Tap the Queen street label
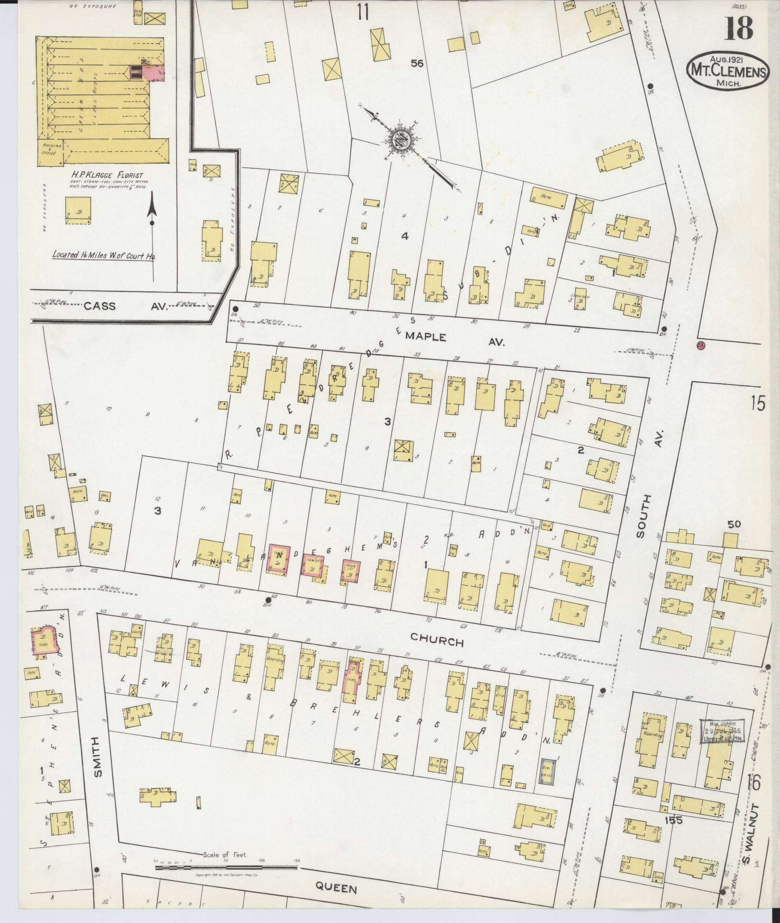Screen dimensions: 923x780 (x=336, y=889)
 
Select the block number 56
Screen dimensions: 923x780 (x=417, y=63)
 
